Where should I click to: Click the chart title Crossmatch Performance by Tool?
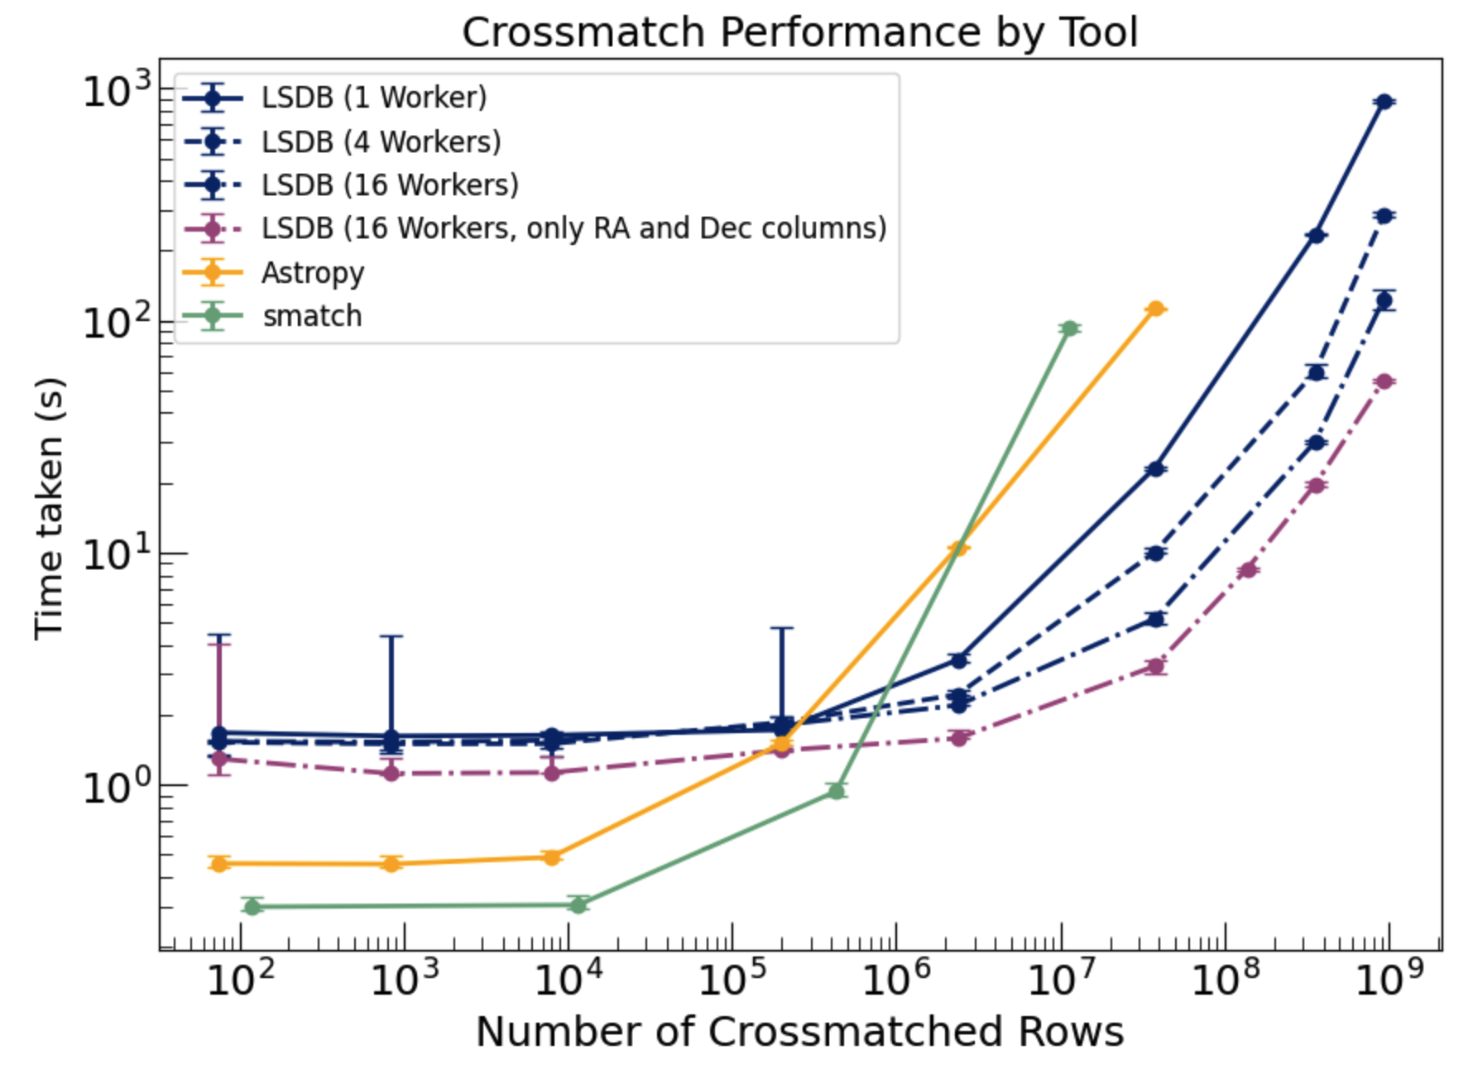(799, 33)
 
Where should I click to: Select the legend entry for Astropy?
(312, 272)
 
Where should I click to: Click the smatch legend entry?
(312, 316)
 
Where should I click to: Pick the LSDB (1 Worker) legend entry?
(373, 98)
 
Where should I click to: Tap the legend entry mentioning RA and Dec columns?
(573, 228)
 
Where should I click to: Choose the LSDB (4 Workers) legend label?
(381, 141)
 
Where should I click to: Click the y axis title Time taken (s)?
(49, 508)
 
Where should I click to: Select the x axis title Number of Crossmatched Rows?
(799, 1032)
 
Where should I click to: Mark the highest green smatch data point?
(1069, 328)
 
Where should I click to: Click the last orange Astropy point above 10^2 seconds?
(1155, 309)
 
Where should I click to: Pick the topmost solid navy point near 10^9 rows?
(1384, 101)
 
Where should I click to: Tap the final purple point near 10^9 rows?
(1384, 381)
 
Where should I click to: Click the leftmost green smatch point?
(253, 906)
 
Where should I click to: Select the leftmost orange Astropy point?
(219, 864)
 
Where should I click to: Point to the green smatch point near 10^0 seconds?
(837, 791)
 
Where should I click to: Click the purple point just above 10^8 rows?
(1248, 569)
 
